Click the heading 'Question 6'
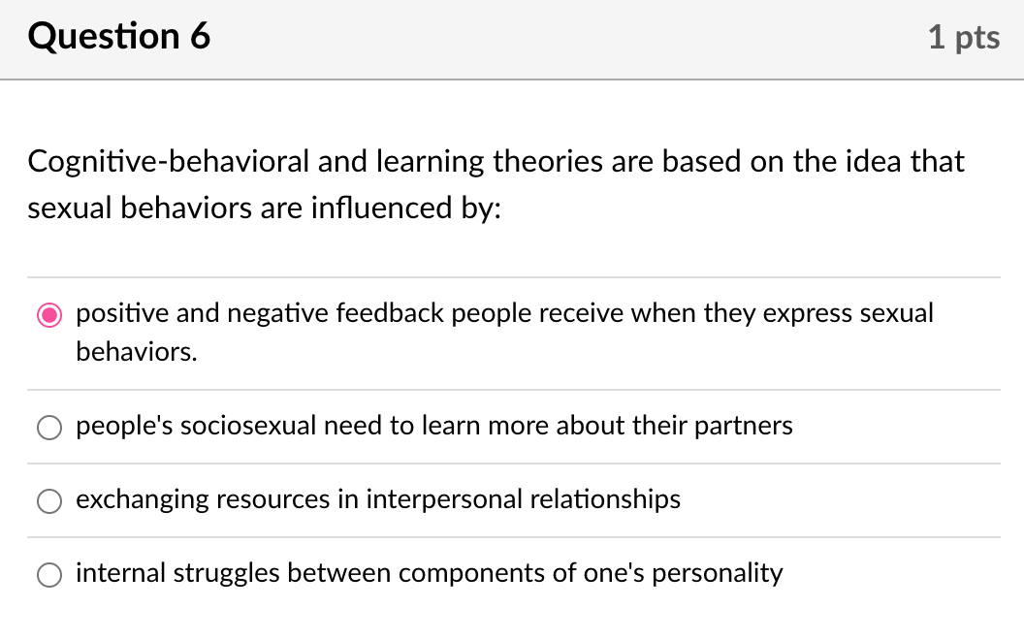point(119,37)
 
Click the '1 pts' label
point(963,38)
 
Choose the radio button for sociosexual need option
point(48,427)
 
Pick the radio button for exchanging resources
point(48,500)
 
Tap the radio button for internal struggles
point(48,574)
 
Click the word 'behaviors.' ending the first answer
point(137,351)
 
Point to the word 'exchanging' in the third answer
point(141,499)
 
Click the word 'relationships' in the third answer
point(605,499)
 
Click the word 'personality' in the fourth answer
point(717,573)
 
